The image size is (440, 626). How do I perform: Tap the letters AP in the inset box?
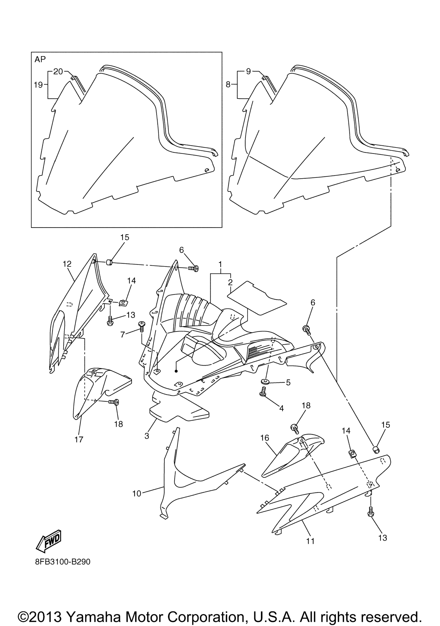40,59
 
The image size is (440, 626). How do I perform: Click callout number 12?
67,264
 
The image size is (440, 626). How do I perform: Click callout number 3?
147,436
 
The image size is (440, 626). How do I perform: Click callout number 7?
122,334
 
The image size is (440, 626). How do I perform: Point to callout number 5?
288,383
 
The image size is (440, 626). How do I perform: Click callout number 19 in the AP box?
38,85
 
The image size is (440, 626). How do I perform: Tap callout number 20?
58,71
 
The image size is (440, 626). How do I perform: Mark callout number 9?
248,71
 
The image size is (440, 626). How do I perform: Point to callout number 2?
230,282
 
